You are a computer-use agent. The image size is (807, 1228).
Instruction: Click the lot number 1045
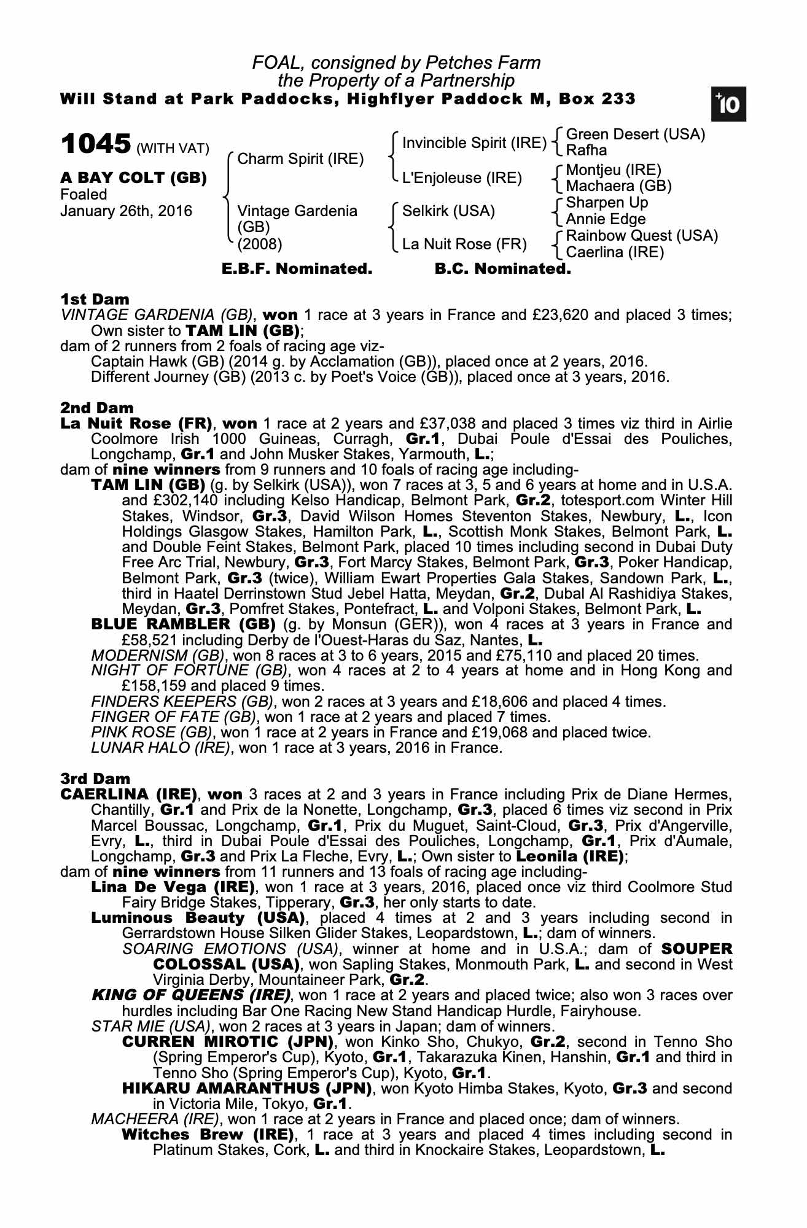[x=96, y=144]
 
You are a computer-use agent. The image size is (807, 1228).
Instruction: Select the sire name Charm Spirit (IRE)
[x=300, y=159]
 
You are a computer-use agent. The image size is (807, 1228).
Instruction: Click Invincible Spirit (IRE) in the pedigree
[x=474, y=143]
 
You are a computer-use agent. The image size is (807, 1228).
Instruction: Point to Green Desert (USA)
[x=635, y=134]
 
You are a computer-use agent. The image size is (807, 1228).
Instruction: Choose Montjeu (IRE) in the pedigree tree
[x=613, y=170]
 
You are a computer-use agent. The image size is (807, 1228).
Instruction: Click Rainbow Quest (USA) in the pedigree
[x=641, y=236]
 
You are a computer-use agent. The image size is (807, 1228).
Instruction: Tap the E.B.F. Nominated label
[x=297, y=269]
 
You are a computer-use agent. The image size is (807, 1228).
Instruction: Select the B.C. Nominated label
[x=502, y=269]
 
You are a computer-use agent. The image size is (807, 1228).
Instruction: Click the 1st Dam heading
[x=95, y=300]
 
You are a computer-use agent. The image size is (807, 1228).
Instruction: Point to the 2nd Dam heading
[x=96, y=408]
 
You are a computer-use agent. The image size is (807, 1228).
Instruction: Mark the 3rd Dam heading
[x=96, y=779]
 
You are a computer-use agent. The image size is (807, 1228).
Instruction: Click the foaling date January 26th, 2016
[x=126, y=211]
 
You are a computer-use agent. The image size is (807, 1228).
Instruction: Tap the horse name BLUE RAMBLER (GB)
[x=183, y=624]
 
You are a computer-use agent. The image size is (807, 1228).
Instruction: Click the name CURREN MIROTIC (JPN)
[x=227, y=1042]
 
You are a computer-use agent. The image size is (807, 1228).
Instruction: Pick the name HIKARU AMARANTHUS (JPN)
[x=247, y=1089]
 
